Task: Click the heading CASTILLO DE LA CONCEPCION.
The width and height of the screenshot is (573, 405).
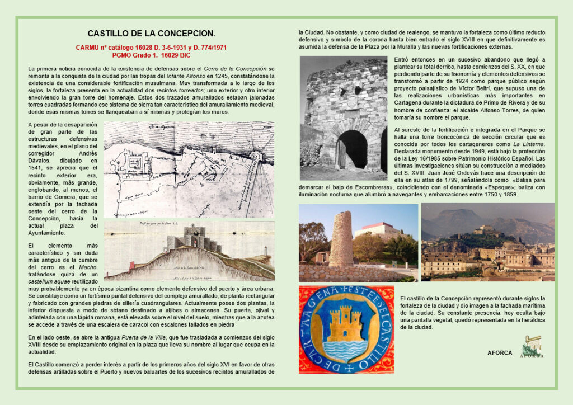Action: pos(151,34)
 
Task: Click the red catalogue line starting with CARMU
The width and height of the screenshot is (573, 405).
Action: pos(151,48)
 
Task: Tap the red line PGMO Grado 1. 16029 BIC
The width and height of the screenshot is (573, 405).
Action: pos(151,56)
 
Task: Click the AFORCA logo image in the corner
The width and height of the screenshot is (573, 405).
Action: pos(531,346)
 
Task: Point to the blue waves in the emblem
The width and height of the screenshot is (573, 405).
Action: pos(345,349)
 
